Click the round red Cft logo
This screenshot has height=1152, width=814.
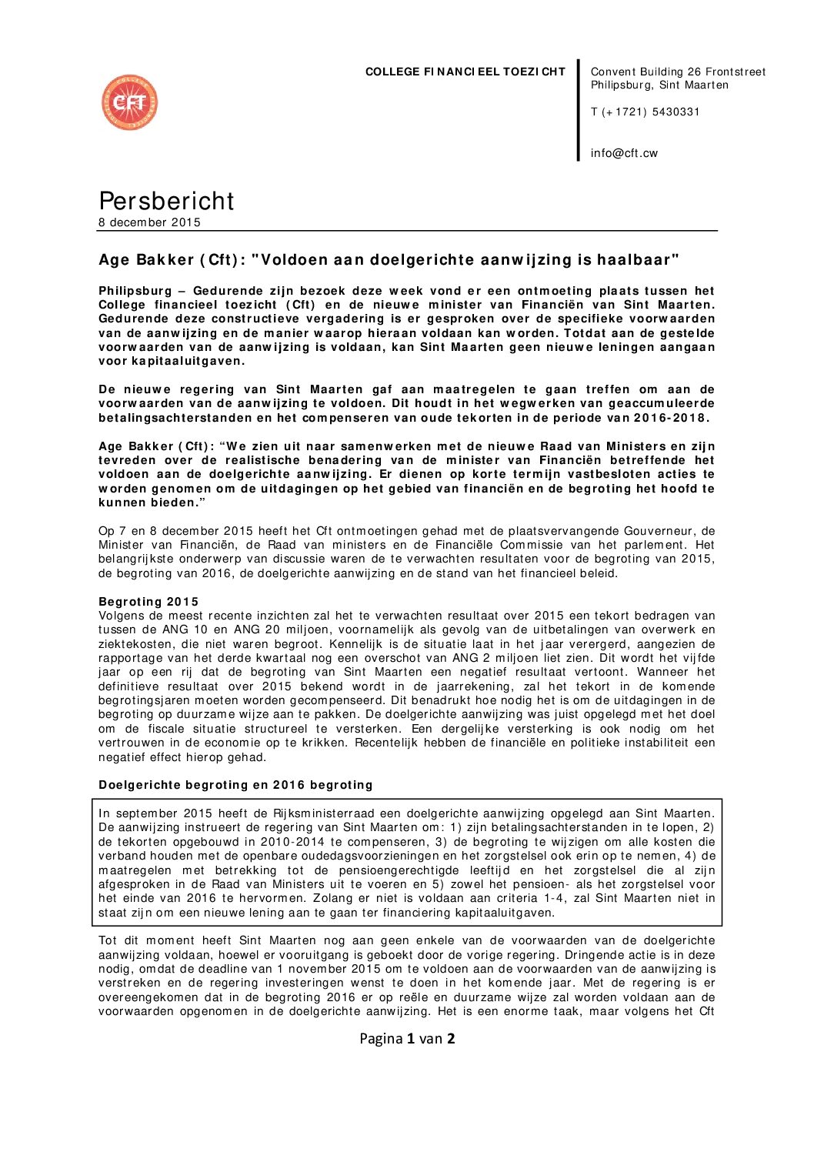pyautogui.click(x=129, y=102)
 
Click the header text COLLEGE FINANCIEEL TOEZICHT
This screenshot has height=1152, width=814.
pyautogui.click(x=465, y=72)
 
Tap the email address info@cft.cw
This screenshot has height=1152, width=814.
pyautogui.click(x=624, y=153)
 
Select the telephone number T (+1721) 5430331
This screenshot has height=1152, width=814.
pyautogui.click(x=645, y=112)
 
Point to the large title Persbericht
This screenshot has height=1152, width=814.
pyautogui.click(x=166, y=201)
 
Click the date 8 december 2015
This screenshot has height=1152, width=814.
pyautogui.click(x=149, y=222)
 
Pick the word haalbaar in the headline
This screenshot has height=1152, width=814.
pyautogui.click(x=639, y=260)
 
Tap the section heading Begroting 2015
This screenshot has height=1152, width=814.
pyautogui.click(x=148, y=602)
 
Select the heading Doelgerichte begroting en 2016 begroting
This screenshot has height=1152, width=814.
pyautogui.click(x=235, y=785)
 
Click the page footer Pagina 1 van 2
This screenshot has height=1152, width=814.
pyautogui.click(x=407, y=1038)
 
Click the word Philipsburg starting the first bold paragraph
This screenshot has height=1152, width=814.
pyautogui.click(x=135, y=291)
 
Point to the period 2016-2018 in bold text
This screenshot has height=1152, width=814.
pyautogui.click(x=669, y=418)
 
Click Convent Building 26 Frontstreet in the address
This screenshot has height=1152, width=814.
pyautogui.click(x=678, y=72)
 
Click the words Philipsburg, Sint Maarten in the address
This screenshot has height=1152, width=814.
pyautogui.click(x=659, y=85)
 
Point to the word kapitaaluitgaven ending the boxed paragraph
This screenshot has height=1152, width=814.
pyautogui.click(x=505, y=913)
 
